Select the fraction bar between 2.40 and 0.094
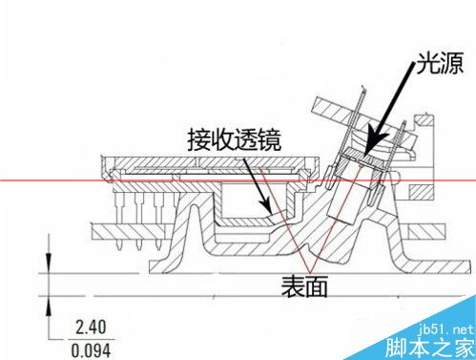click(93, 337)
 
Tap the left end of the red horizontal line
click(2, 180)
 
